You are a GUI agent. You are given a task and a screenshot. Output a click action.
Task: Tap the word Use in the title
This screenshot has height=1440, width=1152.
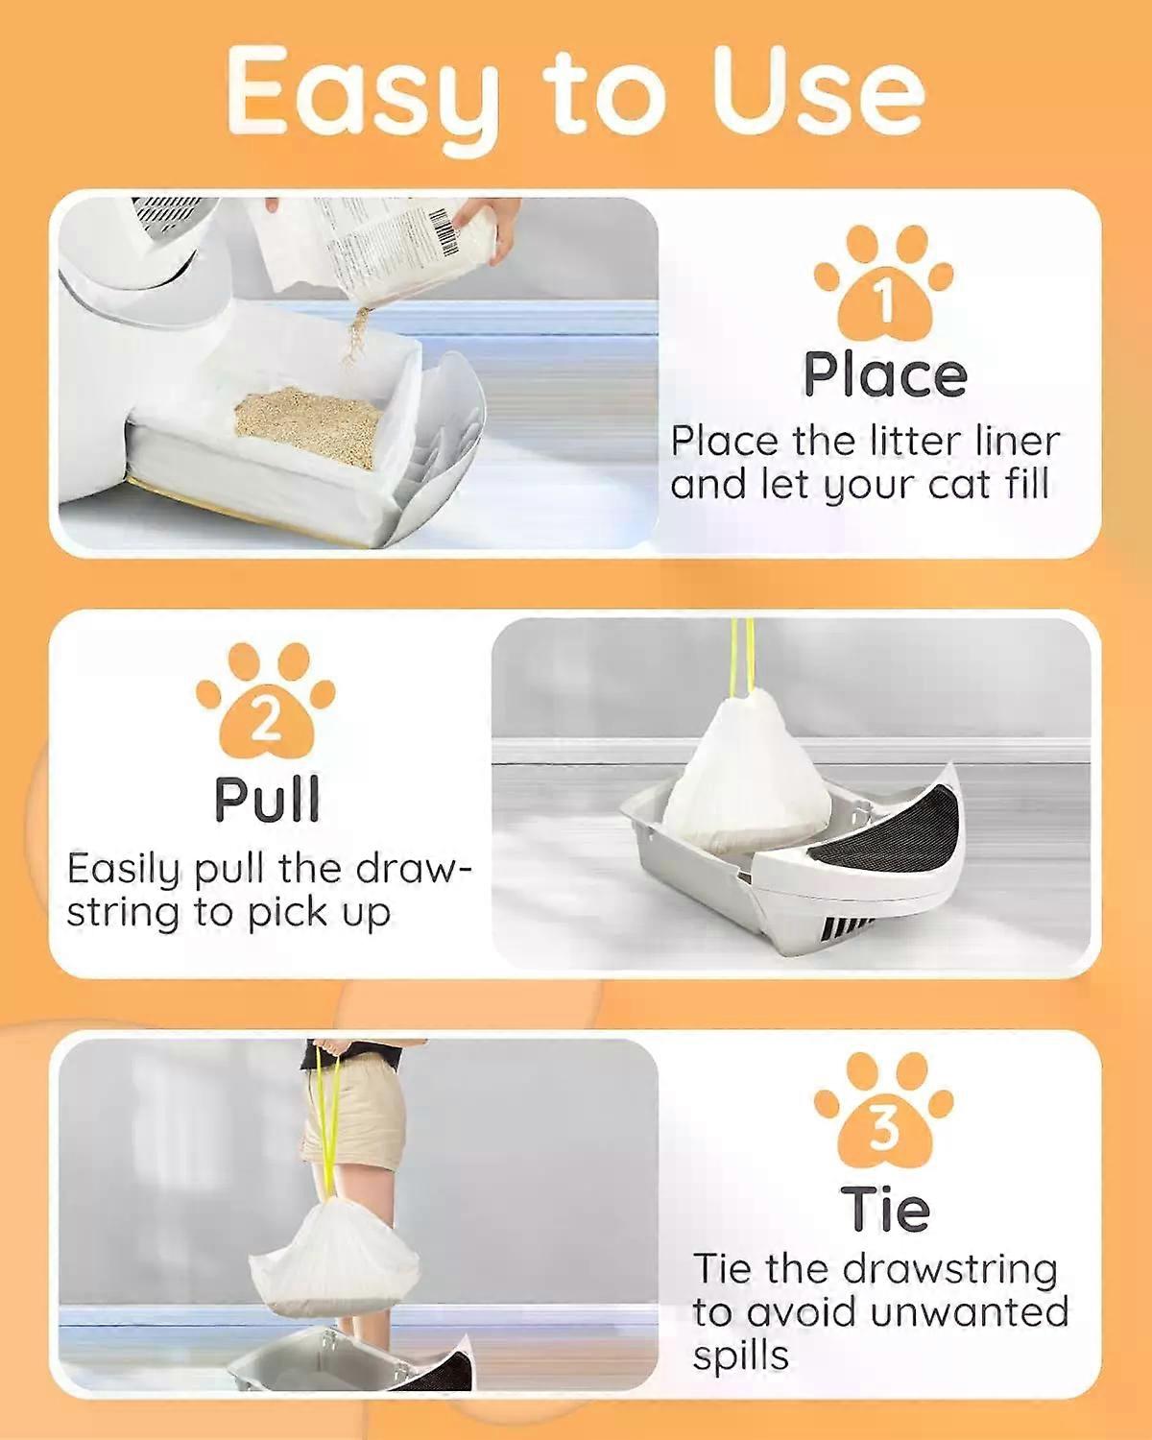coord(819,92)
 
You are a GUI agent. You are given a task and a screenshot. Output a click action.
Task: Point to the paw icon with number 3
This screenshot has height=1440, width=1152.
coord(884,1115)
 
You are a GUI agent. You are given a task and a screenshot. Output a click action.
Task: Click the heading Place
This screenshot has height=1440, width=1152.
coord(884,375)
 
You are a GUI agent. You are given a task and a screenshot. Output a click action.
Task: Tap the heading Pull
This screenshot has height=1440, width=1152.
coord(266,800)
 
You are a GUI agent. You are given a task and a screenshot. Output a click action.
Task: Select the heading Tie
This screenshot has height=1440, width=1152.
coord(884,1210)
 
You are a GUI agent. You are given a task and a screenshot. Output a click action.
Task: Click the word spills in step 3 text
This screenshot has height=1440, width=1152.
coord(740,1356)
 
